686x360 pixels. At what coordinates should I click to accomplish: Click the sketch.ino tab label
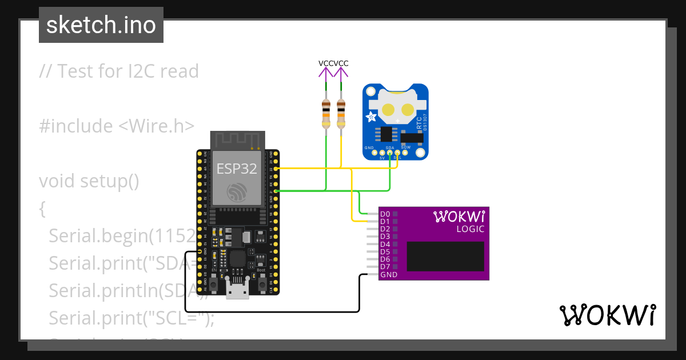tap(101, 25)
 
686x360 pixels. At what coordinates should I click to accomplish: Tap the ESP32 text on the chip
tap(237, 169)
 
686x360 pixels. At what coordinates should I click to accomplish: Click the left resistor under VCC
tap(326, 113)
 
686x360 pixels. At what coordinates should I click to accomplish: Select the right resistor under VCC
tap(341, 113)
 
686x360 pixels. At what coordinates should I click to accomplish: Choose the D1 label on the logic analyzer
tap(385, 222)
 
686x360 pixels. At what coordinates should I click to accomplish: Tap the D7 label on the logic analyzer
tap(385, 267)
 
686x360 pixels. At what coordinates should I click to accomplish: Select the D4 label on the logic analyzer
tap(385, 244)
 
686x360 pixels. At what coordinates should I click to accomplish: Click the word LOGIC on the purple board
tap(470, 229)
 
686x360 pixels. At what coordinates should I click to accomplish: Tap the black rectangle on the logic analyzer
tap(445, 255)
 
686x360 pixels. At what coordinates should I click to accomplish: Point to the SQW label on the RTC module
tap(406, 147)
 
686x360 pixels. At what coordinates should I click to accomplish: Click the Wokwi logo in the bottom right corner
tap(607, 315)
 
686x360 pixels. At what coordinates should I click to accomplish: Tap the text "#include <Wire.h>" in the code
tap(117, 126)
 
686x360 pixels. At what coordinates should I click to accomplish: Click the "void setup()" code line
tap(89, 181)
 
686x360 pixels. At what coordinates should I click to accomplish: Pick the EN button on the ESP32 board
tap(213, 284)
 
